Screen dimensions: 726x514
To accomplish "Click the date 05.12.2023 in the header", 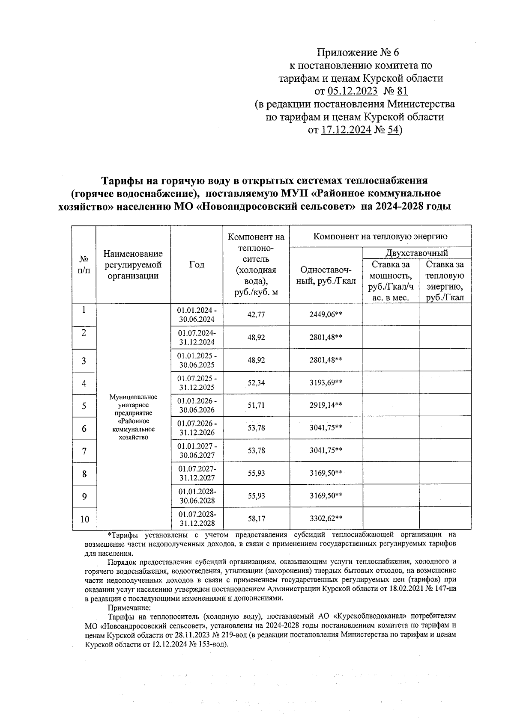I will pyautogui.click(x=353, y=91).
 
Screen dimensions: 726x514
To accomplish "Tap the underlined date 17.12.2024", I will pyautogui.click(x=345, y=130).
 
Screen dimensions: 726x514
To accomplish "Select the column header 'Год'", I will pyautogui.click(x=197, y=265).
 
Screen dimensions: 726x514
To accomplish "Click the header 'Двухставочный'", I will pyautogui.click(x=416, y=253).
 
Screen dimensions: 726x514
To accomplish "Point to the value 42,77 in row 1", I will pyautogui.click(x=256, y=315).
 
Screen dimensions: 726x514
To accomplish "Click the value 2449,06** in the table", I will pyautogui.click(x=326, y=315).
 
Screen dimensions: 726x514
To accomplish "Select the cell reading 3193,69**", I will pyautogui.click(x=326, y=383).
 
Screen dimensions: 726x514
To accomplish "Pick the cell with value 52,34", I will pyautogui.click(x=256, y=383).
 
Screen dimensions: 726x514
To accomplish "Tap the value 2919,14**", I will pyautogui.click(x=326, y=406).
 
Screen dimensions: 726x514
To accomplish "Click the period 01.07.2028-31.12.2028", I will pyautogui.click(x=197, y=519).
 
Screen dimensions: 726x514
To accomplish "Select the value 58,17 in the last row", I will pyautogui.click(x=256, y=519).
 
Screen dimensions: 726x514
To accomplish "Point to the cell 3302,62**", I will pyautogui.click(x=326, y=519).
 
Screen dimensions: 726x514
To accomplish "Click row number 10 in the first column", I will pyautogui.click(x=84, y=519).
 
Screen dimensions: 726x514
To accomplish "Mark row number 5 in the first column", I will pyautogui.click(x=84, y=406).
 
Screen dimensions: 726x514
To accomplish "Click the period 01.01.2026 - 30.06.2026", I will pyautogui.click(x=197, y=406).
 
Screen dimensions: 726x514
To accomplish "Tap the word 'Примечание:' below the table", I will pyautogui.click(x=129, y=607).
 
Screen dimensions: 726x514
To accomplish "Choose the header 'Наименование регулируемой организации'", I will pyautogui.click(x=133, y=265).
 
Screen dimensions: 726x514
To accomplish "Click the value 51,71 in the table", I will pyautogui.click(x=256, y=406).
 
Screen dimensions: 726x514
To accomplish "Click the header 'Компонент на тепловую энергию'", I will pyautogui.click(x=380, y=236).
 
